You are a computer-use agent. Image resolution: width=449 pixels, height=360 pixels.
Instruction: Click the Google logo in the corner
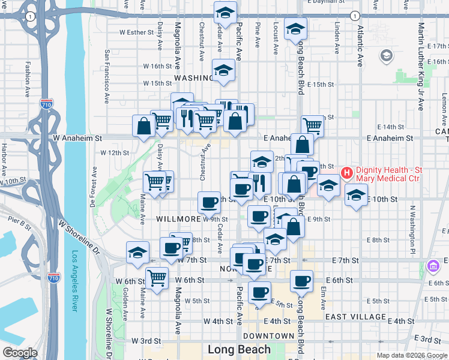pos(20,353)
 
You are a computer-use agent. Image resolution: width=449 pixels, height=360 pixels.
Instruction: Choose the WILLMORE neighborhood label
pos(178,219)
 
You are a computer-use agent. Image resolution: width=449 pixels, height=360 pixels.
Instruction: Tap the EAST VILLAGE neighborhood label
pos(355,316)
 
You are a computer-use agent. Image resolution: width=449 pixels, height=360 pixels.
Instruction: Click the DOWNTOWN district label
pos(269,336)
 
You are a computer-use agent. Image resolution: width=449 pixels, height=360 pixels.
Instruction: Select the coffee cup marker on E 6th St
pos(302,281)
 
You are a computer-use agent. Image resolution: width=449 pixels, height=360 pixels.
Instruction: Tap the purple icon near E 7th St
pos(432,265)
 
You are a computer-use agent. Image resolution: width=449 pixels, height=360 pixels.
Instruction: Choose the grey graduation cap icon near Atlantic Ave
pos(387,56)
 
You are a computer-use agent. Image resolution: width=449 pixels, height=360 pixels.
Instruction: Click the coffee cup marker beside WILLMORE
pos(209,203)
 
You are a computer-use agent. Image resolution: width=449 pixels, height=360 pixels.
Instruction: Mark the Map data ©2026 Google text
pos(411,355)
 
